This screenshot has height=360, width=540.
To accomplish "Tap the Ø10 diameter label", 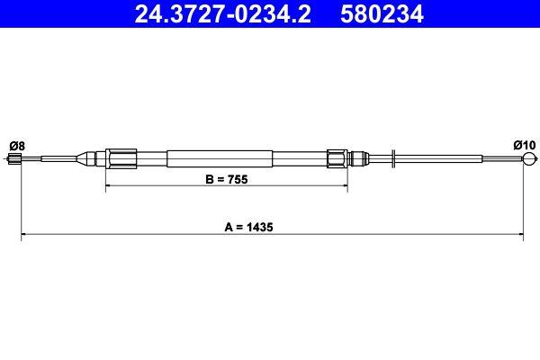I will [x=523, y=144].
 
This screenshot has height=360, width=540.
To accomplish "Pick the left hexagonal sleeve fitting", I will [x=120, y=158].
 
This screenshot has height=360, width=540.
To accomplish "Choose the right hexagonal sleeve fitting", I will [x=337, y=158].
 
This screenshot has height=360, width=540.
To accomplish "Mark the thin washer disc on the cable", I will [x=393, y=160].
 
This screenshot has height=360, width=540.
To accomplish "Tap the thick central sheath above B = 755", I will [x=225, y=158].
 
